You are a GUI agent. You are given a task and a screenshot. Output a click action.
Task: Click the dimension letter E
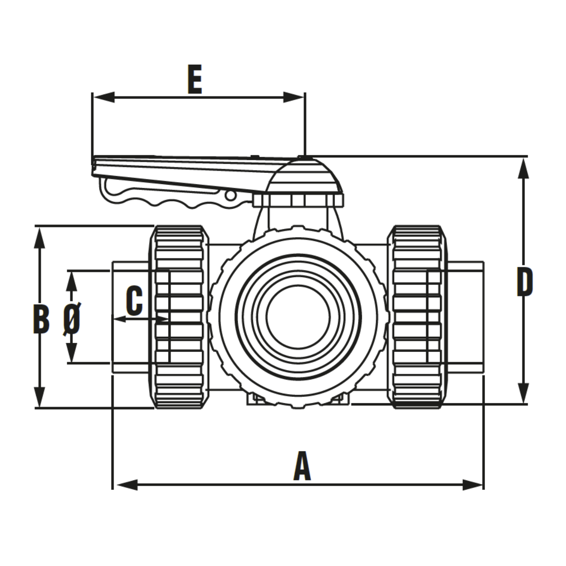195,80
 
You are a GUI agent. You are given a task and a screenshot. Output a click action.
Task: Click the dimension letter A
302,466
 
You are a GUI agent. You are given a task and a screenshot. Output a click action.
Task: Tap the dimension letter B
41,320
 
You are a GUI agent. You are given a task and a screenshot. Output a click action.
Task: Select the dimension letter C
134,301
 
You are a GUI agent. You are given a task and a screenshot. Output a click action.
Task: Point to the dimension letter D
525,282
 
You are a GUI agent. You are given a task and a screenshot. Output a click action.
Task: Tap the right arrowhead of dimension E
294,97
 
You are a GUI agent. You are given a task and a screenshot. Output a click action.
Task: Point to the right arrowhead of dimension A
473,485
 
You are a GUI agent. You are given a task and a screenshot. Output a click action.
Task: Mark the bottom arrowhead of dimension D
523,393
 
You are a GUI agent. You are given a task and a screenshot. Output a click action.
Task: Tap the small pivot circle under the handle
231,195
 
